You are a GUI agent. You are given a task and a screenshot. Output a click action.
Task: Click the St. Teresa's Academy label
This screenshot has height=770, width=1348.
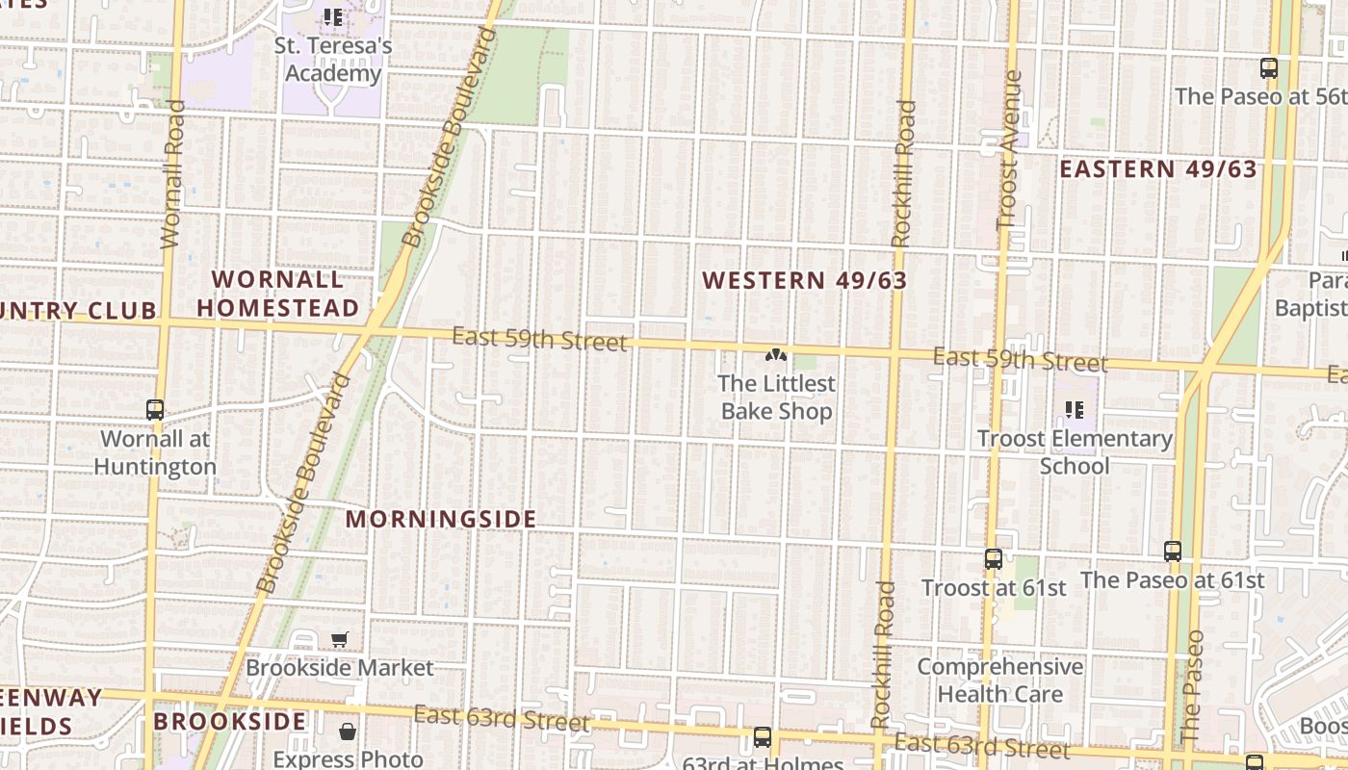pyautogui.click(x=333, y=60)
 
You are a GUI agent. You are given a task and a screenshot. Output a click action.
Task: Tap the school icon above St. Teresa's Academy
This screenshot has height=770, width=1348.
pyautogui.click(x=333, y=17)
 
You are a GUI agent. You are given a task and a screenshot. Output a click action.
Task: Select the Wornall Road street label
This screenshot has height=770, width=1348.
pyautogui.click(x=172, y=174)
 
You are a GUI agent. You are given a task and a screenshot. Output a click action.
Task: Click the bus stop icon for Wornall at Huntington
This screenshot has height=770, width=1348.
pyautogui.click(x=155, y=409)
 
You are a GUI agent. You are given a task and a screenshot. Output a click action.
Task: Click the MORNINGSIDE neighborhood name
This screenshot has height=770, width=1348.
pyautogui.click(x=441, y=519)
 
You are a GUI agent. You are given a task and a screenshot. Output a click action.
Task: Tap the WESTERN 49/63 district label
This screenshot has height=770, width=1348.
pyautogui.click(x=804, y=280)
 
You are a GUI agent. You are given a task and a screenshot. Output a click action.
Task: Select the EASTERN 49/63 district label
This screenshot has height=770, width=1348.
pyautogui.click(x=1158, y=169)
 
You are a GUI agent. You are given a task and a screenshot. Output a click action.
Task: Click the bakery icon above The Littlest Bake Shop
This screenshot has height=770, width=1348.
pyautogui.click(x=776, y=355)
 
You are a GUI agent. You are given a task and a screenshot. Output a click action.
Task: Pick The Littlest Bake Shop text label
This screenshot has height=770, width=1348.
pyautogui.click(x=776, y=398)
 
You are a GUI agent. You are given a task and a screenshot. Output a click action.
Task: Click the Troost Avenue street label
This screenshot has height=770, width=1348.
pyautogui.click(x=1008, y=149)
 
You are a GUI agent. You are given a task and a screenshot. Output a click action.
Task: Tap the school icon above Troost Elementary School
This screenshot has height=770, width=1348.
pyautogui.click(x=1075, y=411)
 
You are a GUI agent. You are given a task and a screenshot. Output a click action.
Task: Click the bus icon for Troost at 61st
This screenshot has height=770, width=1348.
pyautogui.click(x=994, y=559)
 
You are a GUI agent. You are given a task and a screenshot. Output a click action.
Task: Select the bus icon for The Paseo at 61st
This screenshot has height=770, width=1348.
pyautogui.click(x=1172, y=552)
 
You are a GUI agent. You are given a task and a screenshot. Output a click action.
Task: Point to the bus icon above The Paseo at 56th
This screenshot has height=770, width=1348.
pyautogui.click(x=1268, y=68)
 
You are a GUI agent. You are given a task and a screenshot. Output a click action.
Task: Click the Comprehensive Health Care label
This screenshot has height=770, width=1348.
pyautogui.click(x=999, y=680)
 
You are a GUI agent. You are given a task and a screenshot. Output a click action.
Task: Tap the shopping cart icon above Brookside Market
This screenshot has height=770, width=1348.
pyautogui.click(x=340, y=639)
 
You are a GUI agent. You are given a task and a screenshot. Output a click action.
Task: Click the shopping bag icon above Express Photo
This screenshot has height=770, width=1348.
pyautogui.click(x=348, y=732)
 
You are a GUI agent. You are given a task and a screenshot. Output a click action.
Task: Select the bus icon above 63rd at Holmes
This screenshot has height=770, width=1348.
pyautogui.click(x=762, y=738)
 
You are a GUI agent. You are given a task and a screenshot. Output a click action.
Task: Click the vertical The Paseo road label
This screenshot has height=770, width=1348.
pyautogui.click(x=1192, y=685)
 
